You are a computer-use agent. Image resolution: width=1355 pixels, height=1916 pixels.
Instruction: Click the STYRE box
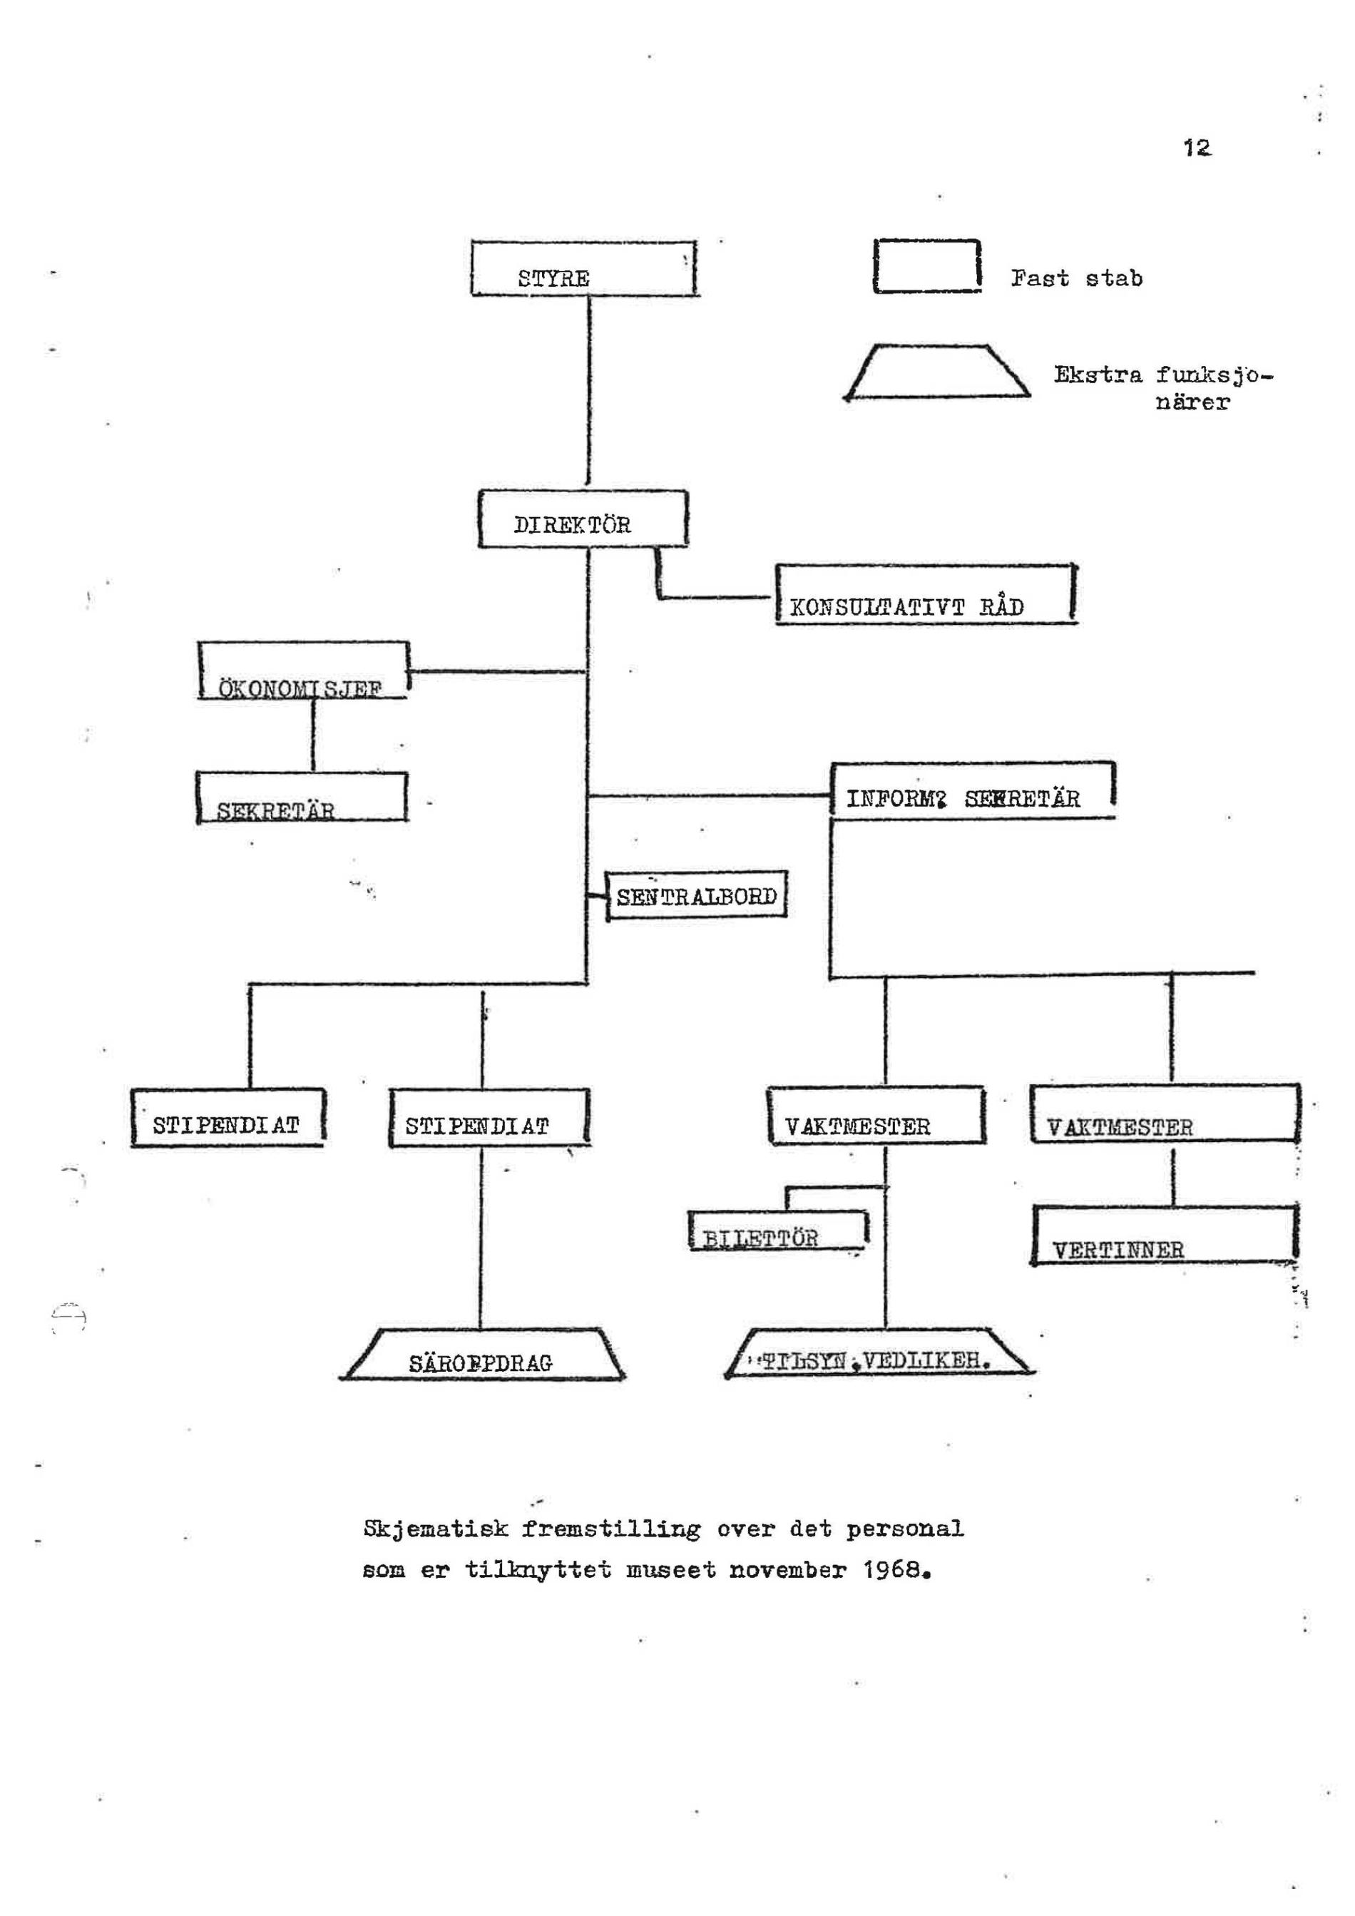(583, 269)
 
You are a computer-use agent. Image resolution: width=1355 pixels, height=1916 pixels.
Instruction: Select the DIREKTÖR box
(583, 519)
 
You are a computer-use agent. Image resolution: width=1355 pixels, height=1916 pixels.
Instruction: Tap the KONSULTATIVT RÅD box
(924, 594)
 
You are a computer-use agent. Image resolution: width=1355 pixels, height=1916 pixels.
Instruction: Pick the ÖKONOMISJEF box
(304, 670)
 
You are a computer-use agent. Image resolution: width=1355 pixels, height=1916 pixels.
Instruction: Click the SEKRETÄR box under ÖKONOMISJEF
(302, 798)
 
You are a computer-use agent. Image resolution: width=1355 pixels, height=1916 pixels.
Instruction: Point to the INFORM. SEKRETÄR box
(973, 791)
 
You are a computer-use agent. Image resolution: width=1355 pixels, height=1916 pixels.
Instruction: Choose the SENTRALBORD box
(697, 896)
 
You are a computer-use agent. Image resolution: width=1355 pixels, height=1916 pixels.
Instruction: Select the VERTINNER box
(1165, 1234)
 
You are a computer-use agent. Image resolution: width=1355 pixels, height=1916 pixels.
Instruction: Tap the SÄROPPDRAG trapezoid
(482, 1355)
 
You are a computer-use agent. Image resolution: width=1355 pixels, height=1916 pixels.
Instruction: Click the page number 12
(1197, 148)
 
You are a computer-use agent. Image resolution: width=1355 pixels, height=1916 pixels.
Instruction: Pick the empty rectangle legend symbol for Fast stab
(926, 266)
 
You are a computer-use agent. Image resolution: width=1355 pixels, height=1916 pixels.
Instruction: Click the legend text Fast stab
(1076, 278)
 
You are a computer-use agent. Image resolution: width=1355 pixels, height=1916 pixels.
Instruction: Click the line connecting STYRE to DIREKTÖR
(589, 392)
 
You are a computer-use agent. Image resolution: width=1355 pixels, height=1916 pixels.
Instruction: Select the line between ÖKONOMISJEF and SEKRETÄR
(313, 734)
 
